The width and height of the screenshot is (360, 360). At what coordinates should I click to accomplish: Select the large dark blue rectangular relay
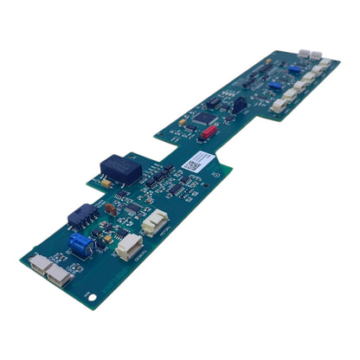pos(115,164)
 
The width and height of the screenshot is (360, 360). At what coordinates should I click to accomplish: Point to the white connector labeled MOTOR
pos(156,222)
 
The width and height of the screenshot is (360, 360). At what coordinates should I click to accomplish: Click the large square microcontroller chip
pos(207,117)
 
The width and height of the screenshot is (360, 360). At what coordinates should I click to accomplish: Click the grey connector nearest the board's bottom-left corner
pos(38,263)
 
